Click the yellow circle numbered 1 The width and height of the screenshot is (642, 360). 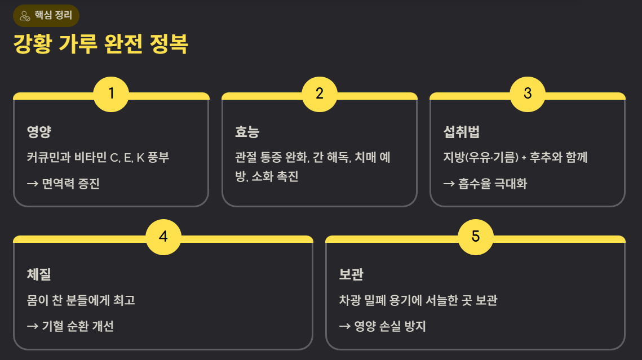(x=111, y=94)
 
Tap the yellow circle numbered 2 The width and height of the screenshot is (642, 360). (x=320, y=94)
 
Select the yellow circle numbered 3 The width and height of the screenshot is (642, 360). (x=528, y=94)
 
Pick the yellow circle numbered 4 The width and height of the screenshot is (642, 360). (x=163, y=237)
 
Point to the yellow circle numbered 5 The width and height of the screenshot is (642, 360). (x=476, y=237)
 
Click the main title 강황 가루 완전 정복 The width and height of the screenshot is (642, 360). (x=100, y=45)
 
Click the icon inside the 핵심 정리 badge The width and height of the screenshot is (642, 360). (x=25, y=16)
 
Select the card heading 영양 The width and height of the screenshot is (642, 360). (x=39, y=132)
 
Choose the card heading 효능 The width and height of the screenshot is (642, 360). (x=247, y=132)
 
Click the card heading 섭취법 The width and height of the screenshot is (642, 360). (x=461, y=132)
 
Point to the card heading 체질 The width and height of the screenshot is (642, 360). (x=39, y=275)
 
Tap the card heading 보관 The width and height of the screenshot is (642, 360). (x=351, y=275)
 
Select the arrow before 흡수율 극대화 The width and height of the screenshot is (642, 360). (x=449, y=184)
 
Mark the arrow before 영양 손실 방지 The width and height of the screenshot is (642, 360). (x=345, y=327)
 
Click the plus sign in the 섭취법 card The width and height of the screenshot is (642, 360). (x=524, y=158)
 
